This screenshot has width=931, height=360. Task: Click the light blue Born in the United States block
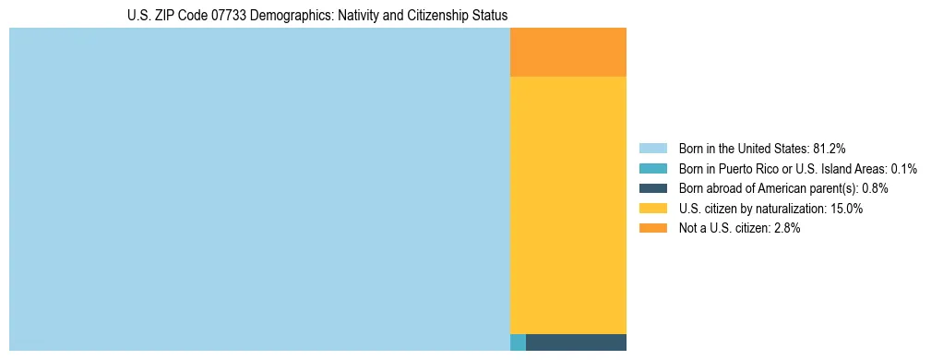[259, 189]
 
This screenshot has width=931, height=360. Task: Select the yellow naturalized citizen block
[567, 205]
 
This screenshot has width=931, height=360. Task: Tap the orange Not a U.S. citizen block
[567, 53]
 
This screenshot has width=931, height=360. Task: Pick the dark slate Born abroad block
[576, 342]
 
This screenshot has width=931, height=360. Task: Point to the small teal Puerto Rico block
[518, 342]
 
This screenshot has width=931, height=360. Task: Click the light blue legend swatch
[652, 148]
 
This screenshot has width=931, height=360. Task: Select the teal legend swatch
[652, 168]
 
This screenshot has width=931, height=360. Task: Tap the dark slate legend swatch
[652, 188]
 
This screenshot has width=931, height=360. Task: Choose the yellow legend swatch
[652, 209]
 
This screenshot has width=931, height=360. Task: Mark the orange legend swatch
[652, 229]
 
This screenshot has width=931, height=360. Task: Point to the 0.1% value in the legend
[903, 168]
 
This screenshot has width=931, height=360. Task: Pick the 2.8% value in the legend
[784, 229]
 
